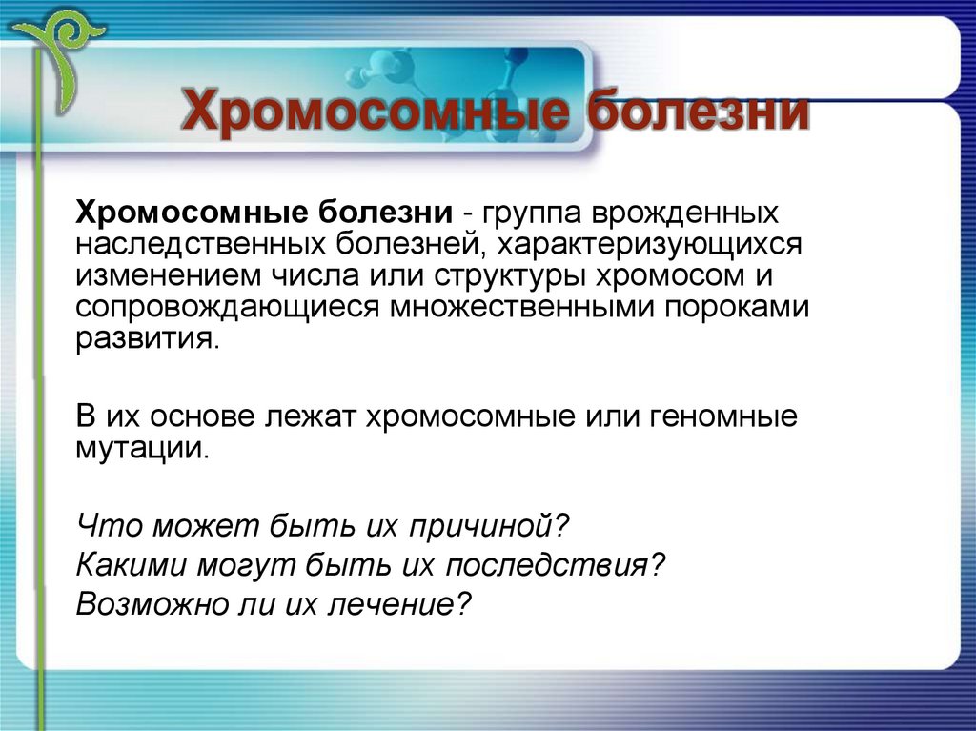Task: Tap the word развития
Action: point(147,340)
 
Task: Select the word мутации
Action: point(140,449)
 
